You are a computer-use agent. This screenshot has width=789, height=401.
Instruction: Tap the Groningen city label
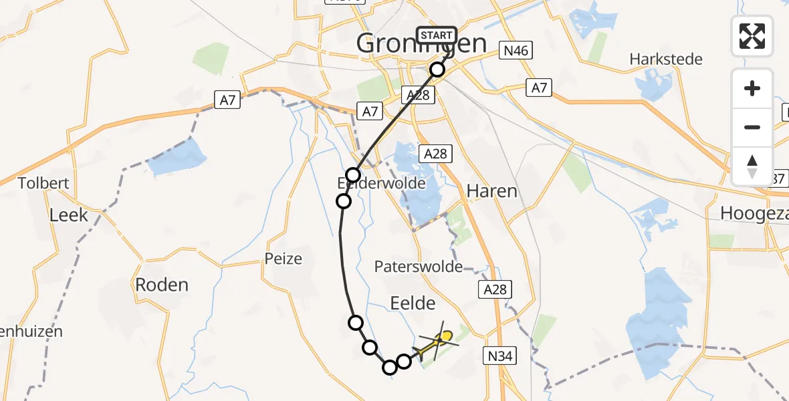coord(421,44)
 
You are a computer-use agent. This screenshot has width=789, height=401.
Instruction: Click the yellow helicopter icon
coord(437,341)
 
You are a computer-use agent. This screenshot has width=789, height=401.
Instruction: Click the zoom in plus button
coord(752,89)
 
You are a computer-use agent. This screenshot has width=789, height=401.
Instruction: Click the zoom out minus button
coord(752,127)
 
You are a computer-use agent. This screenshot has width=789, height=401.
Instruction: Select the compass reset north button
coord(752,166)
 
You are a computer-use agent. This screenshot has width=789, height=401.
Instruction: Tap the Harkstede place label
coord(666,59)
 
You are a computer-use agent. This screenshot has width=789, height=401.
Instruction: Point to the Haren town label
coord(491,191)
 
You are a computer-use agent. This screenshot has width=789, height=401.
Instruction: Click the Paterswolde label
coord(419,267)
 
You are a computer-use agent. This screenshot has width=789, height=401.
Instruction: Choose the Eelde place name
coord(413,304)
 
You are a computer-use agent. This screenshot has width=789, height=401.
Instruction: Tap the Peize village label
coord(284,259)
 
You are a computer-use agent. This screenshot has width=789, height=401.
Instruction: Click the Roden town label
coord(162,285)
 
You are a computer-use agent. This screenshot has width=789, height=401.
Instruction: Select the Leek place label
coord(69,215)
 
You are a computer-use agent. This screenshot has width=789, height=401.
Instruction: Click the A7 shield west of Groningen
coord(227,100)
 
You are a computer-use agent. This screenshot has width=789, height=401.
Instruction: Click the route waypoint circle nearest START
coord(437,70)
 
